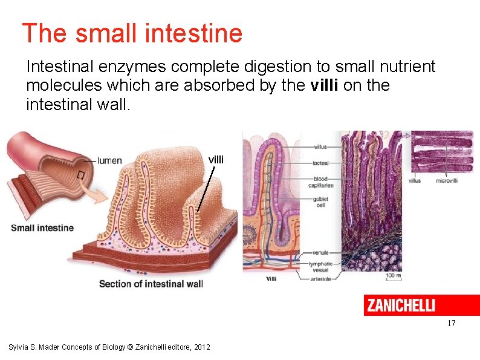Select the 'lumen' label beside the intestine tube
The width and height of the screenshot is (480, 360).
[x=109, y=160]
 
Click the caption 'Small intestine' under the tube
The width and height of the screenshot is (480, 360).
[x=42, y=228]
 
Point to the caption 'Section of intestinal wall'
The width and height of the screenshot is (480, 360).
[x=151, y=284]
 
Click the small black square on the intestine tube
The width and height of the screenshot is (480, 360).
[x=80, y=175]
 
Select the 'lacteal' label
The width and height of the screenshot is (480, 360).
[x=320, y=163]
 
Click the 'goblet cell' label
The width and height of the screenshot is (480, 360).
[x=321, y=202]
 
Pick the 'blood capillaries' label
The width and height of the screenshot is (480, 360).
[x=323, y=182]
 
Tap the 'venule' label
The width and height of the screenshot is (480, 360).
[x=320, y=252]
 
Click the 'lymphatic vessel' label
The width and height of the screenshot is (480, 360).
[x=320, y=267]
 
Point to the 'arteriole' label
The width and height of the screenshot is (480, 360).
[x=320, y=280]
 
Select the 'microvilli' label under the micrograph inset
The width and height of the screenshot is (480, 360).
[x=447, y=180]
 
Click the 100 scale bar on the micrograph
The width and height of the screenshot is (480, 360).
[x=394, y=275]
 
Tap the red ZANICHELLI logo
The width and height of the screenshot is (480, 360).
[x=421, y=305]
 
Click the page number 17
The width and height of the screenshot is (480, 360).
[x=452, y=324]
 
